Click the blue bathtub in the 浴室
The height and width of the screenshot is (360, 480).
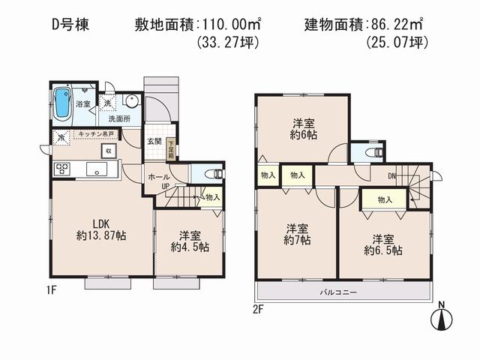[62, 104]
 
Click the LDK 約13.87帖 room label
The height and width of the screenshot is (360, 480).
[103, 229]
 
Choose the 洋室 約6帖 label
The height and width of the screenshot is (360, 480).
[302, 130]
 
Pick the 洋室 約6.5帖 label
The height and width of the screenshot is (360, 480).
[383, 244]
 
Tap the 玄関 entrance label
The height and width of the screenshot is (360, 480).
[154, 141]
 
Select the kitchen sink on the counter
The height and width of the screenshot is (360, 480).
[98, 169]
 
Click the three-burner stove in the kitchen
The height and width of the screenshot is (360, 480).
[61, 169]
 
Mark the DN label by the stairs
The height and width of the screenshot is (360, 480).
[392, 177]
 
